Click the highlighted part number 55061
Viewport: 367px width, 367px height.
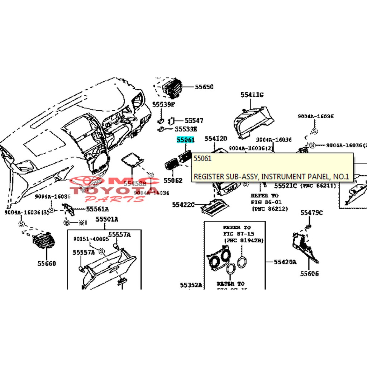[185, 140]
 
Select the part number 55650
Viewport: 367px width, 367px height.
[204, 87]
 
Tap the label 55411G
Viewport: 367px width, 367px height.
[252, 95]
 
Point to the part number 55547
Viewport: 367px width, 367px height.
[194, 121]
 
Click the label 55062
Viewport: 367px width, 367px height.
[173, 180]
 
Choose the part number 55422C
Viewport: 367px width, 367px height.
[183, 205]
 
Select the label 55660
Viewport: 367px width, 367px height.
[47, 263]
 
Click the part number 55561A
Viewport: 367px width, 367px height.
[97, 209]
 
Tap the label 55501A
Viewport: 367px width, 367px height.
[107, 219]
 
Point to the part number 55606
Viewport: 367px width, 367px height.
[310, 274]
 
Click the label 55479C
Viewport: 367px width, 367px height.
[311, 213]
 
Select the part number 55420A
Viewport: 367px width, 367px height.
[285, 262]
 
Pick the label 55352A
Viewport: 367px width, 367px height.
[191, 285]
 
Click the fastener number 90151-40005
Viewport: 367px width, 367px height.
[91, 239]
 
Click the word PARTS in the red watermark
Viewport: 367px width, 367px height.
[115, 198]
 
